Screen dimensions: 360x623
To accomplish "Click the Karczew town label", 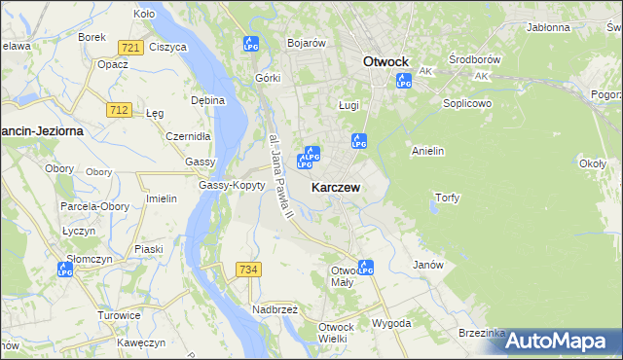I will click(338, 187).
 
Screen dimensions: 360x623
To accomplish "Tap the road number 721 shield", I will click(128, 47).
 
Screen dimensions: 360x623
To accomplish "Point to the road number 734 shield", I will click(247, 269).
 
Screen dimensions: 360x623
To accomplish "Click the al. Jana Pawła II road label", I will click(280, 172).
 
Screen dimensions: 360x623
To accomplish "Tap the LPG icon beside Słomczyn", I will click(65, 270).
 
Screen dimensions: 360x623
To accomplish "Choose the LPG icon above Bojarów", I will click(251, 44).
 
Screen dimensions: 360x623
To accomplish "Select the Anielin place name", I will click(428, 151).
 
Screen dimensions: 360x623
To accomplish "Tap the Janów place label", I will click(428, 265).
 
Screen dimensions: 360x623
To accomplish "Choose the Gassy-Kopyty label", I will click(232, 185).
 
